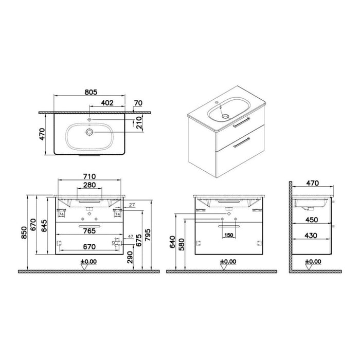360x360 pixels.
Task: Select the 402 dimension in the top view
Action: [107, 103]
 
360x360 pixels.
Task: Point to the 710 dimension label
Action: [90, 176]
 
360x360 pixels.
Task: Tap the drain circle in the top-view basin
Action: [90, 132]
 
